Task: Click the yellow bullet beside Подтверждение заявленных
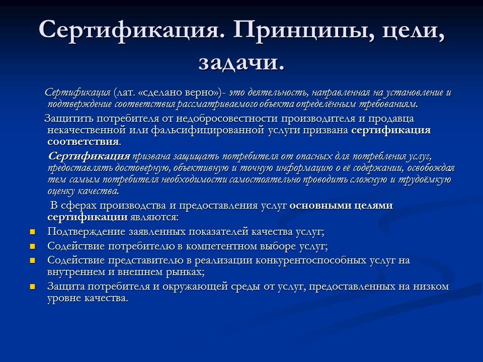tap(33, 232)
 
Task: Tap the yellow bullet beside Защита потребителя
tap(33, 287)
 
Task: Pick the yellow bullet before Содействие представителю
tap(33, 260)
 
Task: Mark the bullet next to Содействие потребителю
tap(33, 246)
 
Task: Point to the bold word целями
tap(370, 206)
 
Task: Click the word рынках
tap(186, 273)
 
